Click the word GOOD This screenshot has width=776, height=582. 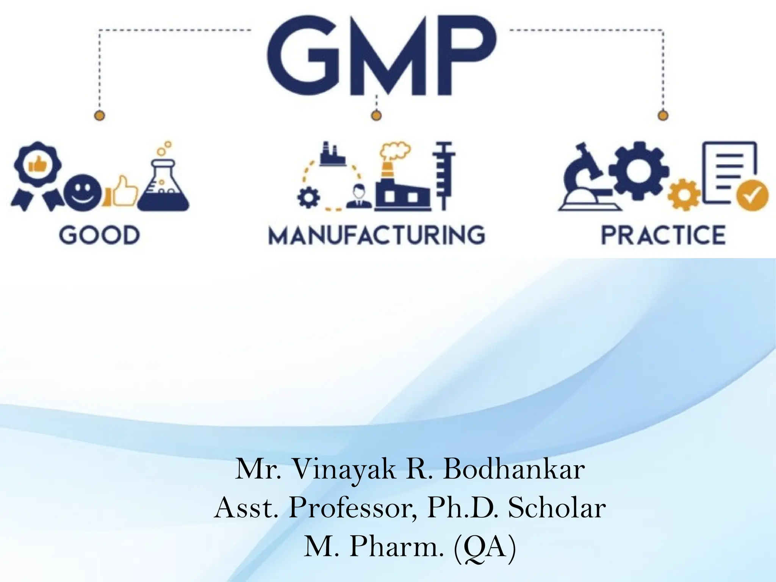[99, 235]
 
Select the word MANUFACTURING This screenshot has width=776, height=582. [377, 235]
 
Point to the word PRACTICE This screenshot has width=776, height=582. [663, 235]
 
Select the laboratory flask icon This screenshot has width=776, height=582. [164, 186]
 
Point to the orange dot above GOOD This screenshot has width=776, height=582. [99, 115]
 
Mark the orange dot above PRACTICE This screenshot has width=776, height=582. [662, 115]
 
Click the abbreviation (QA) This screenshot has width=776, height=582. [485, 547]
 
